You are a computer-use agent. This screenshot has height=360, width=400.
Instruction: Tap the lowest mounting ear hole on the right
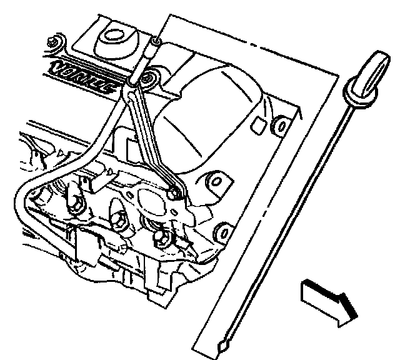point(220,235)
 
